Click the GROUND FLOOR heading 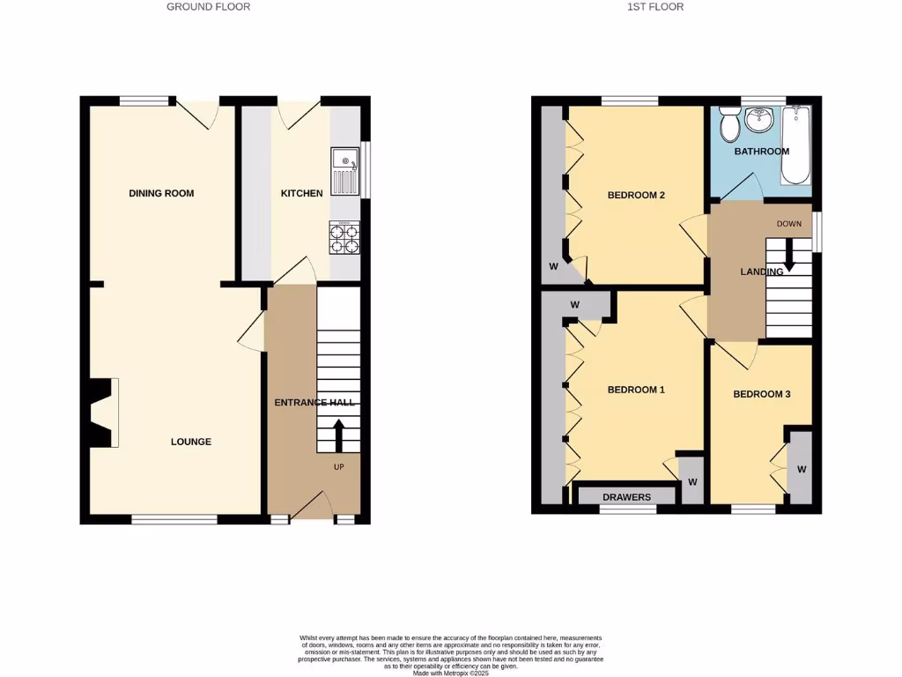tap(209, 7)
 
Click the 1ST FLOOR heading tap(655, 7)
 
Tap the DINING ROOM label tap(161, 193)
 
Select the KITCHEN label tap(301, 193)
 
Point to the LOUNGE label tap(191, 442)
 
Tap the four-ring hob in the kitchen tap(345, 237)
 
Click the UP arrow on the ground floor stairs tap(338, 435)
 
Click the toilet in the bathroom tap(729, 125)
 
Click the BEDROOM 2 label tap(636, 196)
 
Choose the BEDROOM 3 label tap(761, 394)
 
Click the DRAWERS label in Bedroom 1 tap(626, 497)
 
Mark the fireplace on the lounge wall tap(101, 413)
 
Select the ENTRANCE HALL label tap(314, 403)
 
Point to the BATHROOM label tap(762, 152)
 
